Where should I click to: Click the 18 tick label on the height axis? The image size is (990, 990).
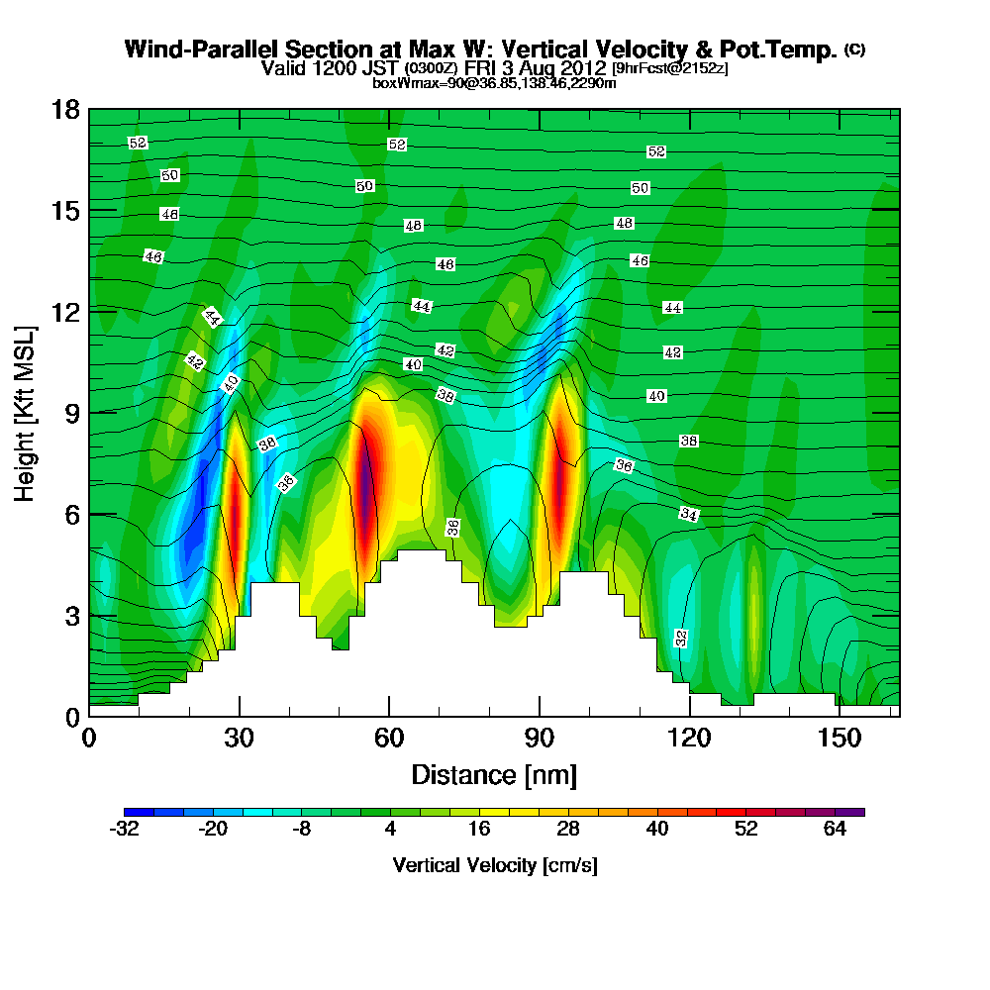pos(65,109)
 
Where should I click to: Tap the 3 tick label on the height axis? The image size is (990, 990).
pos(71,615)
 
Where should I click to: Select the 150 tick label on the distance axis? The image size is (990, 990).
pos(840,739)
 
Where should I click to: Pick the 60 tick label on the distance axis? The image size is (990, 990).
pos(389,739)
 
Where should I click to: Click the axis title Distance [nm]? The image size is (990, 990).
pos(494,774)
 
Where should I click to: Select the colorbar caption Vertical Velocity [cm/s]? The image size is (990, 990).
pos(495,865)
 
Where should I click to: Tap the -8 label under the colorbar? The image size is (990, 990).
pos(302,831)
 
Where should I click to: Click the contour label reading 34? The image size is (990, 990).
pos(690,514)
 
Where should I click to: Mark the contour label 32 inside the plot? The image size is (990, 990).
pos(681,638)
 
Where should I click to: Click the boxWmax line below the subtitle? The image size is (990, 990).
pos(494,83)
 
